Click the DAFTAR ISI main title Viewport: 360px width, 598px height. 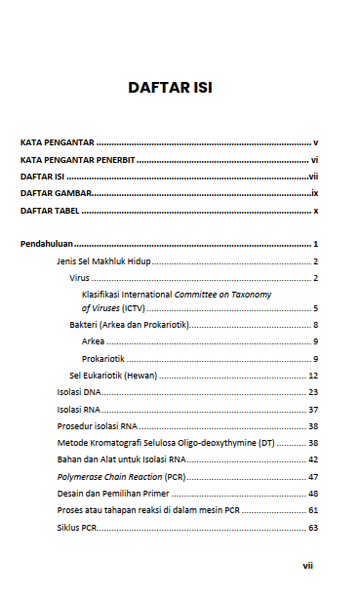(x=170, y=88)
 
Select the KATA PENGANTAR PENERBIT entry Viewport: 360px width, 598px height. (x=77, y=159)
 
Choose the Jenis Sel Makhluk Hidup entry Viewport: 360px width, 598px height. (x=102, y=261)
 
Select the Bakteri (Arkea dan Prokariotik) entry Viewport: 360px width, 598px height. (x=128, y=324)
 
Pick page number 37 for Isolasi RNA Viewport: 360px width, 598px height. (x=313, y=410)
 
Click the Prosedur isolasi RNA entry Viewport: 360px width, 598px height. (x=97, y=426)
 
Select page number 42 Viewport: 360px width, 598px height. (x=313, y=459)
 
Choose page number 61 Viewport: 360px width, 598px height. (x=313, y=511)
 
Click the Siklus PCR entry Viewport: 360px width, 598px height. (x=76, y=528)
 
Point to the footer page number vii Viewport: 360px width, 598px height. (x=307, y=565)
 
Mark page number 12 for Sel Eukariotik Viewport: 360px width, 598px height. (x=313, y=375)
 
